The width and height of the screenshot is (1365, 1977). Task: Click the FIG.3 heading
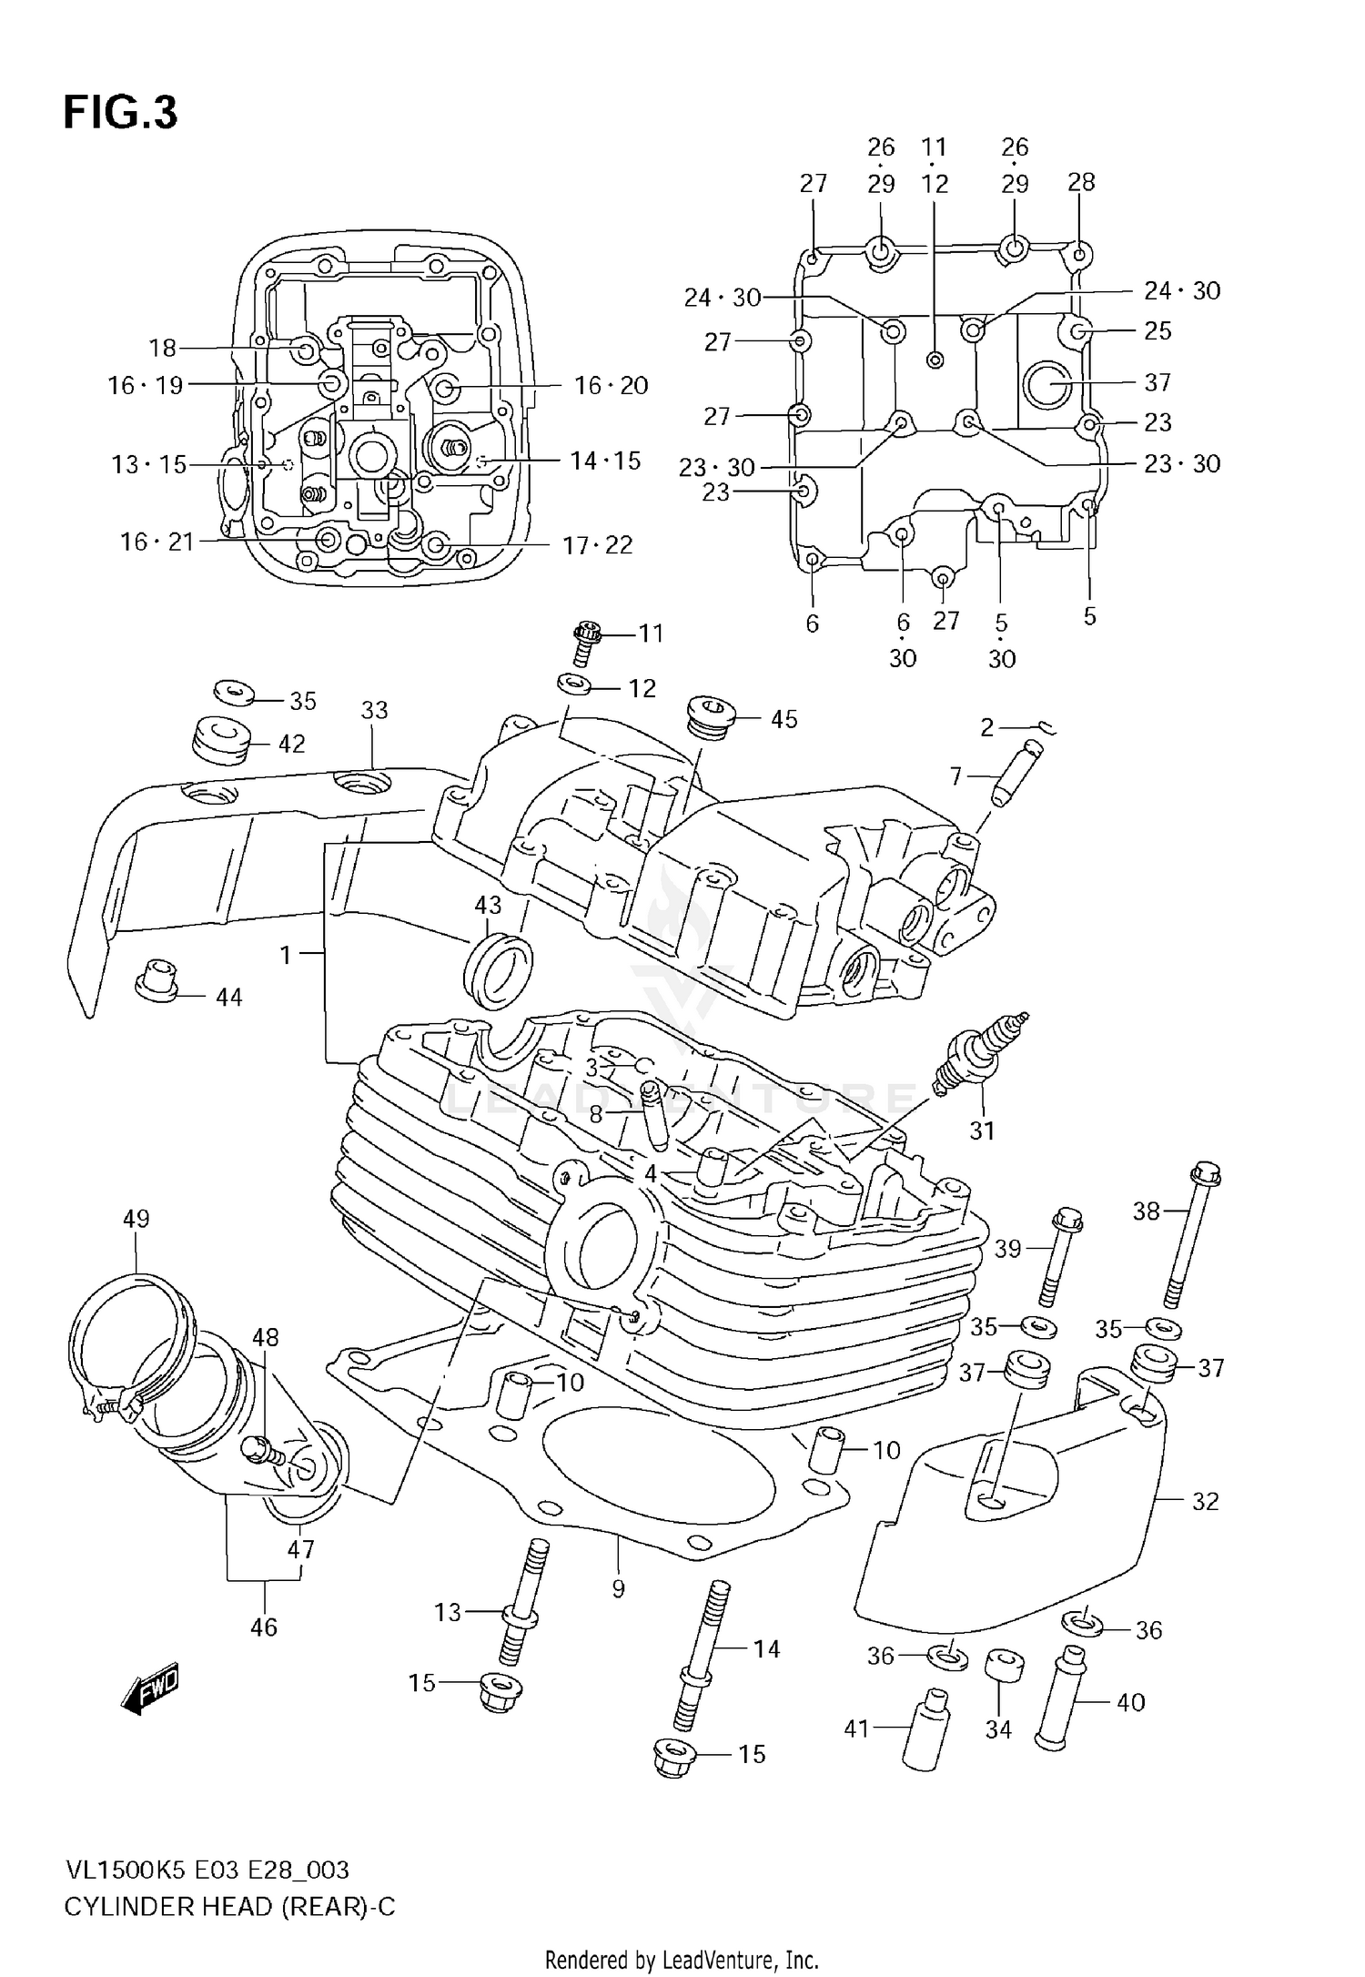tap(120, 114)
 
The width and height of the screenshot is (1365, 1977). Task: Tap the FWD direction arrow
tap(151, 1690)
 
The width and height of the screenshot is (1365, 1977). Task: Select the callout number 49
tap(136, 1219)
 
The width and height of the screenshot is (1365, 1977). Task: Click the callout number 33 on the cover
tap(374, 710)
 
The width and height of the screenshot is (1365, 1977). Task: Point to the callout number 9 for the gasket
tap(618, 1589)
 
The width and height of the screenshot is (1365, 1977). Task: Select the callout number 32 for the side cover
tap(1205, 1502)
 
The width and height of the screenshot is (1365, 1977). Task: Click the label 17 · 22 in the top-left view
tap(597, 545)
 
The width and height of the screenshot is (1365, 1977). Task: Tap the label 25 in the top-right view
tap(1158, 331)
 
